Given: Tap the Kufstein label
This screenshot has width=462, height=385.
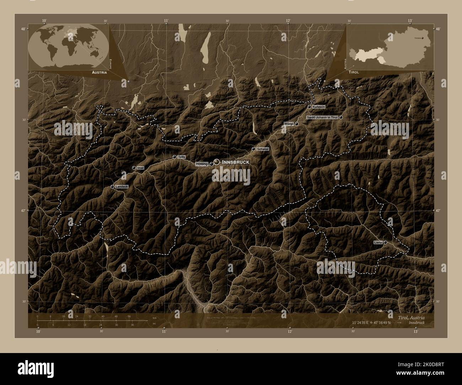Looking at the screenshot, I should [319, 107].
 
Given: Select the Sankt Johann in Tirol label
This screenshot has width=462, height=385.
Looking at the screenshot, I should [322, 117].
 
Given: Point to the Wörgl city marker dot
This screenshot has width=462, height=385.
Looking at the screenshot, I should [296, 124].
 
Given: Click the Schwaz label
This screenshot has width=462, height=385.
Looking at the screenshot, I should [262, 149].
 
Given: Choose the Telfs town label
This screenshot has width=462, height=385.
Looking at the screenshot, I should [182, 157].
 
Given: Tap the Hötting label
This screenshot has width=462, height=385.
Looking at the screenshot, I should [202, 164].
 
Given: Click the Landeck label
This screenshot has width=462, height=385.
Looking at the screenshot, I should [122, 186].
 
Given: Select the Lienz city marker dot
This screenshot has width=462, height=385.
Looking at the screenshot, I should [385, 242].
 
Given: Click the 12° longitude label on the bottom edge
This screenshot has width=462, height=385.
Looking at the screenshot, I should [290, 331].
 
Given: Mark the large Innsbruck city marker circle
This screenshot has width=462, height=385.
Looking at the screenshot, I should [216, 162].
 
